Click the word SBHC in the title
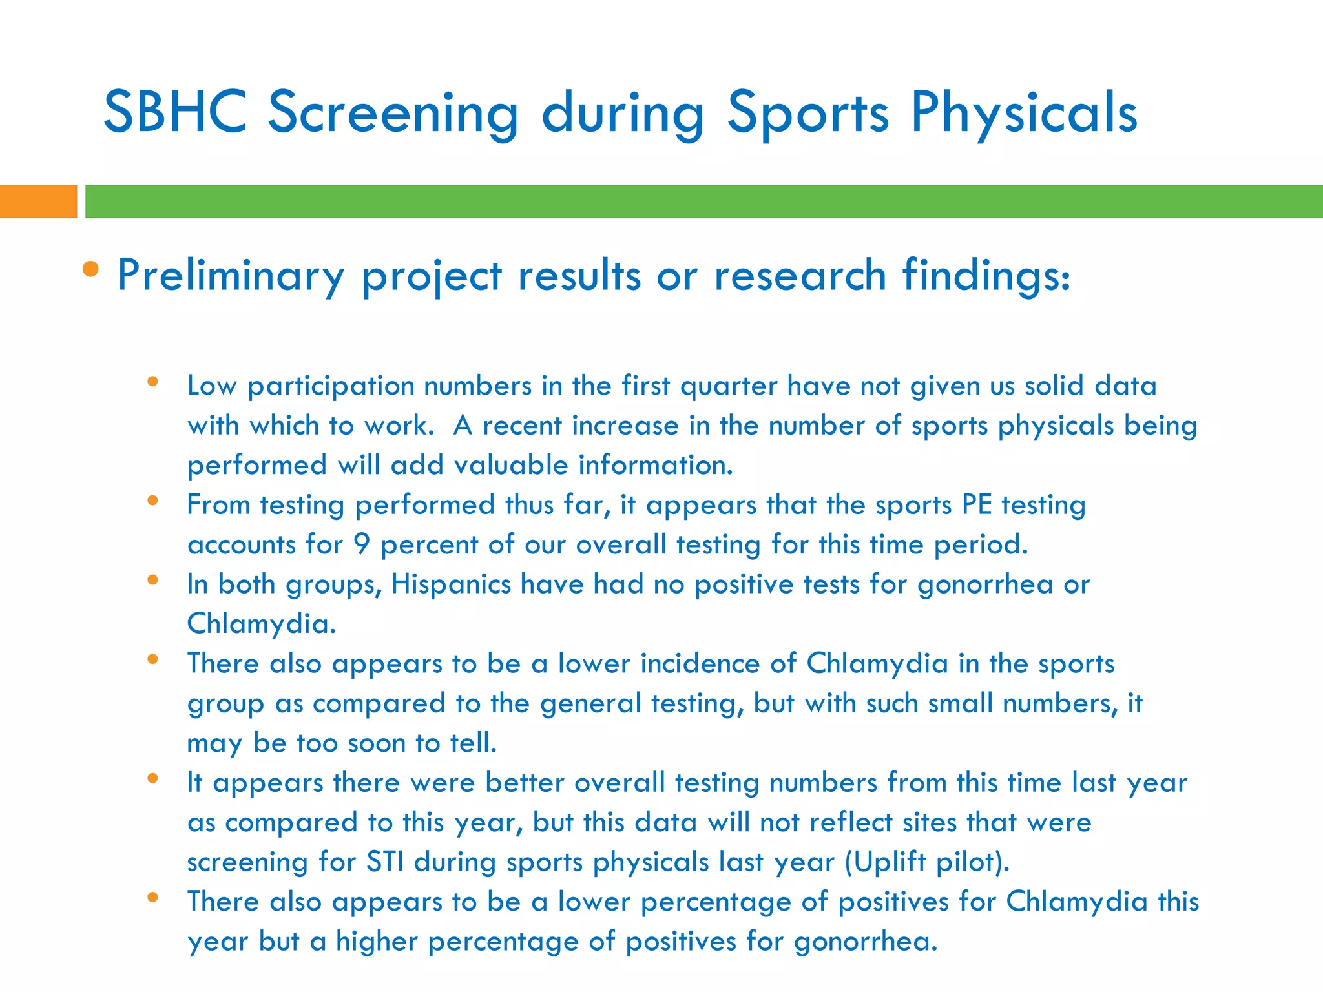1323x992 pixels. pos(175,112)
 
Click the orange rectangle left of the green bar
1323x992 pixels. pos(38,201)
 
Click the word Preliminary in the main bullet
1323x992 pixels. pos(231,276)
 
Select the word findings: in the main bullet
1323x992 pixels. pos(986,276)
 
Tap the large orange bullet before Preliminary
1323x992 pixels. pos(91,269)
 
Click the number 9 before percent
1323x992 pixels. pos(362,544)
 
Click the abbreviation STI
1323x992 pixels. pos(385,862)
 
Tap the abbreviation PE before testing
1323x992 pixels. pos(977,505)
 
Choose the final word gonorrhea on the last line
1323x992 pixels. pos(865,942)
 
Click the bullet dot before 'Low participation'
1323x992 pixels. pos(153,382)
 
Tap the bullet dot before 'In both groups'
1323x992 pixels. pos(153,580)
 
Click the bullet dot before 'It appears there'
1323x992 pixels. pos(153,778)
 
